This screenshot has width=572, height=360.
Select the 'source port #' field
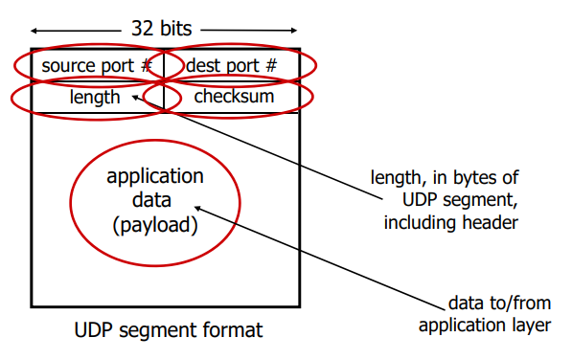[x=97, y=66]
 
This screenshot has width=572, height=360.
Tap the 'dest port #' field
[x=231, y=66]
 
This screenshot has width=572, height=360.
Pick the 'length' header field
[x=95, y=97]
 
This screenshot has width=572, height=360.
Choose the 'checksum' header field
[x=234, y=97]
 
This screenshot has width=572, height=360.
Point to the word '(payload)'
[x=155, y=226]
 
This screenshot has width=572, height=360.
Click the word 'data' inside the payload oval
[x=155, y=201]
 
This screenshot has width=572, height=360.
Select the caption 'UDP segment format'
[x=168, y=330]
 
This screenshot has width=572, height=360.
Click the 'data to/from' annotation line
[x=499, y=304]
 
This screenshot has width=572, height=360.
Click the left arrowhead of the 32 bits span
[x=34, y=30]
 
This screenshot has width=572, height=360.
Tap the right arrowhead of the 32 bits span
[x=297, y=30]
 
